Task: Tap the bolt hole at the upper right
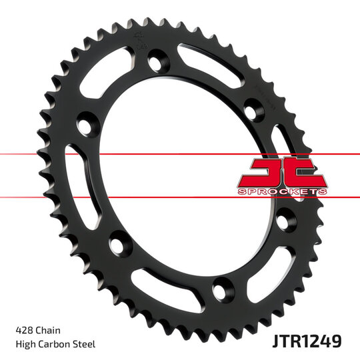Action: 253,108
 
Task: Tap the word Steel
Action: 85,344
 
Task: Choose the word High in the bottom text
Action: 25,344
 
